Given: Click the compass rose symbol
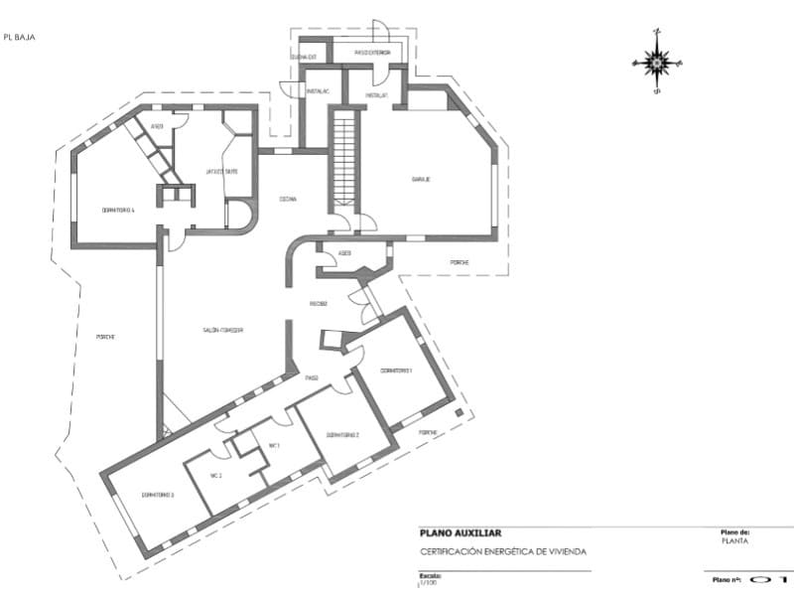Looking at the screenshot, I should (656, 62).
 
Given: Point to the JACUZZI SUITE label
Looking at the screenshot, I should (221, 171).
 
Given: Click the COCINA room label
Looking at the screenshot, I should (288, 199).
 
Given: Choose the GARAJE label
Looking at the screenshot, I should (421, 180).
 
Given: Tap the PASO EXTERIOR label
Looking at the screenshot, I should (372, 52).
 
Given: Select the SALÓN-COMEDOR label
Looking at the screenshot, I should (224, 330).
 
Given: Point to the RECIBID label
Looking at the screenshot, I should (319, 304).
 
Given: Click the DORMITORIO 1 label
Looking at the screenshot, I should (395, 371).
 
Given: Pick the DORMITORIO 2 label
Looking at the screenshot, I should (341, 435).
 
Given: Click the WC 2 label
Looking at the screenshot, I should (215, 477).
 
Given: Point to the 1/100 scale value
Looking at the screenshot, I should (428, 583).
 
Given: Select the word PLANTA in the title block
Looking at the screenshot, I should (735, 542).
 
